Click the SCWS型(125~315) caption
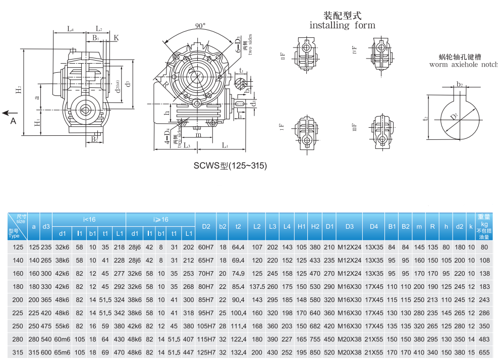pos(230,166)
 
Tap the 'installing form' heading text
pos(342,25)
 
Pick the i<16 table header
pos(89,220)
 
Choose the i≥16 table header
pos(160,220)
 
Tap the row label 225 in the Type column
pos(18,313)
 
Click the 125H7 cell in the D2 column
pos(206,352)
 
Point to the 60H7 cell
pos(206,247)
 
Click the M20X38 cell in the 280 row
pos(349,339)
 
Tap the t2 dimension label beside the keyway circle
pos(426,118)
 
